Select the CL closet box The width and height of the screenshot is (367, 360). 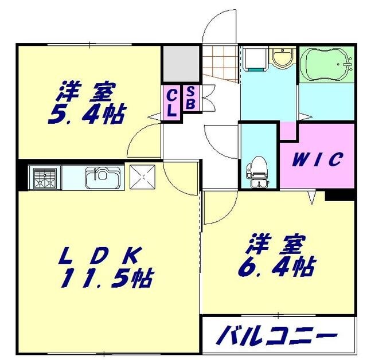171,102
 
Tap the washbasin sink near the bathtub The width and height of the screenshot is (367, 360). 282,58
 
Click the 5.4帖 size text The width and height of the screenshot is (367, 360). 87,114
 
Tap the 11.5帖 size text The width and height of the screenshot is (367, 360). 107,278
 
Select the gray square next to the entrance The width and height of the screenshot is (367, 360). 179,64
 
